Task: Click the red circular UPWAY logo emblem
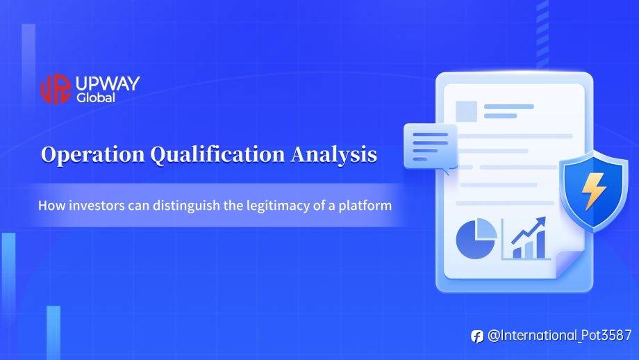(x=56, y=88)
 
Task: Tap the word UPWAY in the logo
(x=108, y=83)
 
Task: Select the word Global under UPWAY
(x=96, y=98)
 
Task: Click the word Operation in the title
(x=92, y=154)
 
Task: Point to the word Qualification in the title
(x=217, y=154)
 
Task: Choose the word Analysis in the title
(x=334, y=154)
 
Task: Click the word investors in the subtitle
(x=97, y=205)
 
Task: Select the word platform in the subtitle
(x=365, y=206)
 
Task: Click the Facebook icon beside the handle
(x=477, y=336)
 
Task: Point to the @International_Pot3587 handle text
(x=559, y=335)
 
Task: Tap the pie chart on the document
(x=476, y=238)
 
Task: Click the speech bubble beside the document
(x=431, y=147)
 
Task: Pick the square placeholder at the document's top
(x=466, y=111)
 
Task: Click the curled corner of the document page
(x=568, y=264)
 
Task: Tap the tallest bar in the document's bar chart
(x=541, y=245)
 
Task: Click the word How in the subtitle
(x=52, y=205)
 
